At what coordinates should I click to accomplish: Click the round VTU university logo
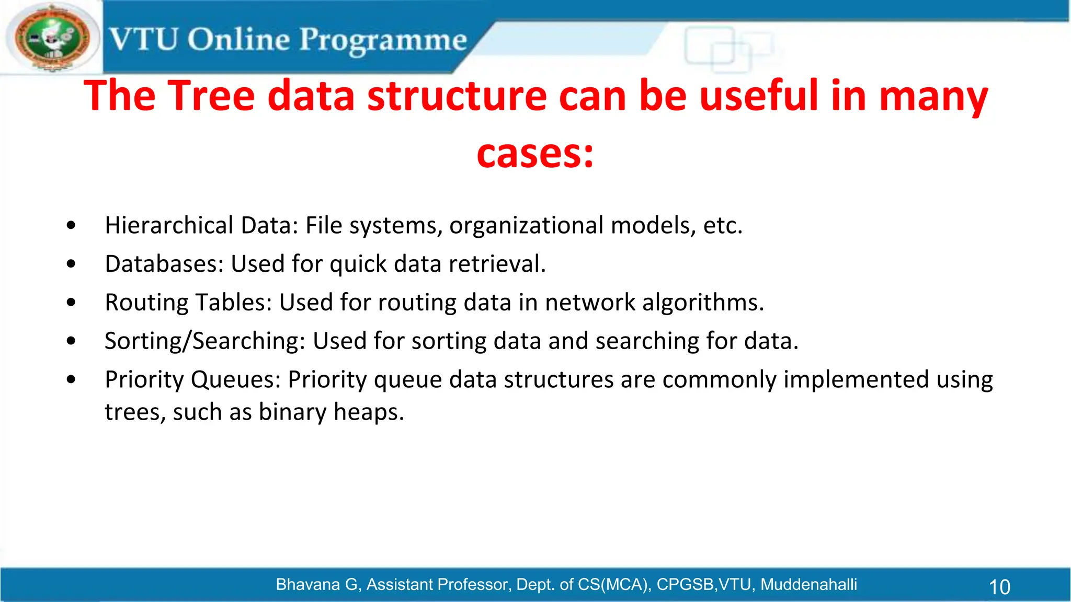(x=52, y=38)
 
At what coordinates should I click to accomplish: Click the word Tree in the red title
(x=212, y=96)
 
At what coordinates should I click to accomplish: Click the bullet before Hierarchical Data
(x=71, y=226)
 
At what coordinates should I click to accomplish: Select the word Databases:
(x=164, y=264)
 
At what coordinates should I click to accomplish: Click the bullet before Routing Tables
(x=71, y=303)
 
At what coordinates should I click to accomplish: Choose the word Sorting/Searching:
(x=204, y=341)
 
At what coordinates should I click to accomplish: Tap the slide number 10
(x=999, y=587)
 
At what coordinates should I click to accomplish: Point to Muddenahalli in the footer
(x=808, y=584)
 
